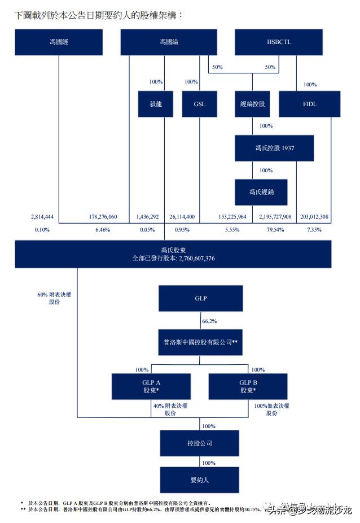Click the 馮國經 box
click(59, 42)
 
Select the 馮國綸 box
click(169, 42)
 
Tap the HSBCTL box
click(279, 42)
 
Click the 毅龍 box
click(155, 104)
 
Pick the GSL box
click(200, 104)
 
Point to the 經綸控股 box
click(252, 104)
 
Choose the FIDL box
click(310, 104)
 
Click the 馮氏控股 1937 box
click(274, 148)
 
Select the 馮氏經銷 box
click(261, 193)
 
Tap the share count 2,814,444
click(42, 216)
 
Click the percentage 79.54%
click(275, 230)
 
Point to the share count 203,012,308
click(315, 216)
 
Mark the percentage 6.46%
click(103, 230)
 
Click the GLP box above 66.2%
click(201, 298)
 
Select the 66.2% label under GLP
click(210, 321)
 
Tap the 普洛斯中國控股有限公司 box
click(201, 342)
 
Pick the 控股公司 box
click(201, 443)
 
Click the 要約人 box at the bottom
click(201, 480)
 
